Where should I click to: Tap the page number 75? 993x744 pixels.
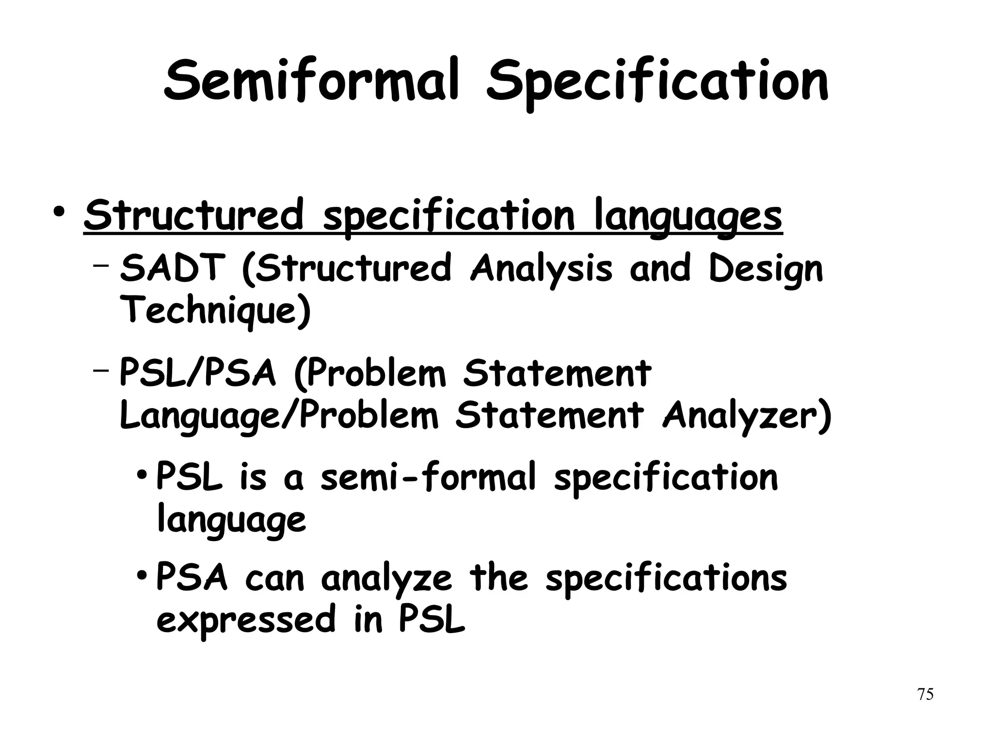point(925,694)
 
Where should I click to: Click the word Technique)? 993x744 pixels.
point(215,311)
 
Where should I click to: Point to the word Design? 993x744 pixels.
point(766,270)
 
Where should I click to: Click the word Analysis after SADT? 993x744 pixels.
point(541,270)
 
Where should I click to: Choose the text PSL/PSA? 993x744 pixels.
point(197,374)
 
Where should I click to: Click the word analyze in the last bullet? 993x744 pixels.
point(386,579)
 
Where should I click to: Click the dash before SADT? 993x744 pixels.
point(100,265)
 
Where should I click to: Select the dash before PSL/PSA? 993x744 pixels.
point(100,371)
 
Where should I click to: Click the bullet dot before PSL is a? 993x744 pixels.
point(141,473)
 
